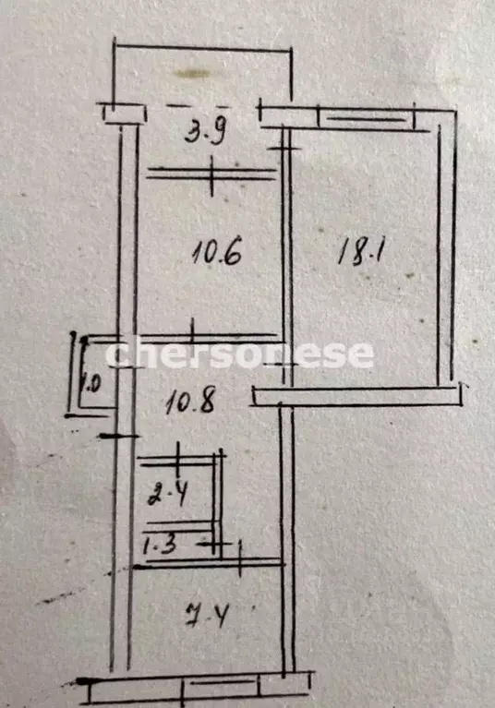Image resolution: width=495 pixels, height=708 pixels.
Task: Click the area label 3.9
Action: tap(205, 133)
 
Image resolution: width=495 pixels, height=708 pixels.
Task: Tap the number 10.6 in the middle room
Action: tap(217, 252)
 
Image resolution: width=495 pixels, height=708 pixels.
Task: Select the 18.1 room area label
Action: tap(361, 252)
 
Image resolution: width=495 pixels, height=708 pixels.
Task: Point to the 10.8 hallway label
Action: tap(189, 402)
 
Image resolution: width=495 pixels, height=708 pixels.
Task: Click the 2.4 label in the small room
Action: tap(167, 496)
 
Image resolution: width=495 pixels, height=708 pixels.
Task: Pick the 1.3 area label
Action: tap(159, 546)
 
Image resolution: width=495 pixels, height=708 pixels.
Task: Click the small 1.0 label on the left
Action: tap(91, 385)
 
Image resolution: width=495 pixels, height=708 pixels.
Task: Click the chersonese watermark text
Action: tap(239, 354)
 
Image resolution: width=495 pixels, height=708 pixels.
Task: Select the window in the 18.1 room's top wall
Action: tap(367, 119)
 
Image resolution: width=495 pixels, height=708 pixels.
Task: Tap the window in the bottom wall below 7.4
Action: tap(221, 690)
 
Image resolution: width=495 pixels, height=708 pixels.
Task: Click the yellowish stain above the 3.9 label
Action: tap(192, 74)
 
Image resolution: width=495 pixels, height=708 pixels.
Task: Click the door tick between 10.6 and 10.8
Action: tap(192, 332)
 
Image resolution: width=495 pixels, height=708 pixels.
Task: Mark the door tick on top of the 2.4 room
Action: tap(178, 457)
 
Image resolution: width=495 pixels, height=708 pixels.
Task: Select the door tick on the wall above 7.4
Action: tap(240, 559)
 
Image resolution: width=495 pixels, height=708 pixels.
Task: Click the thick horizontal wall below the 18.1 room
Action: tap(356, 396)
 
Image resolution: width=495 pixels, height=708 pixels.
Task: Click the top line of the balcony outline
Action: tap(202, 47)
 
